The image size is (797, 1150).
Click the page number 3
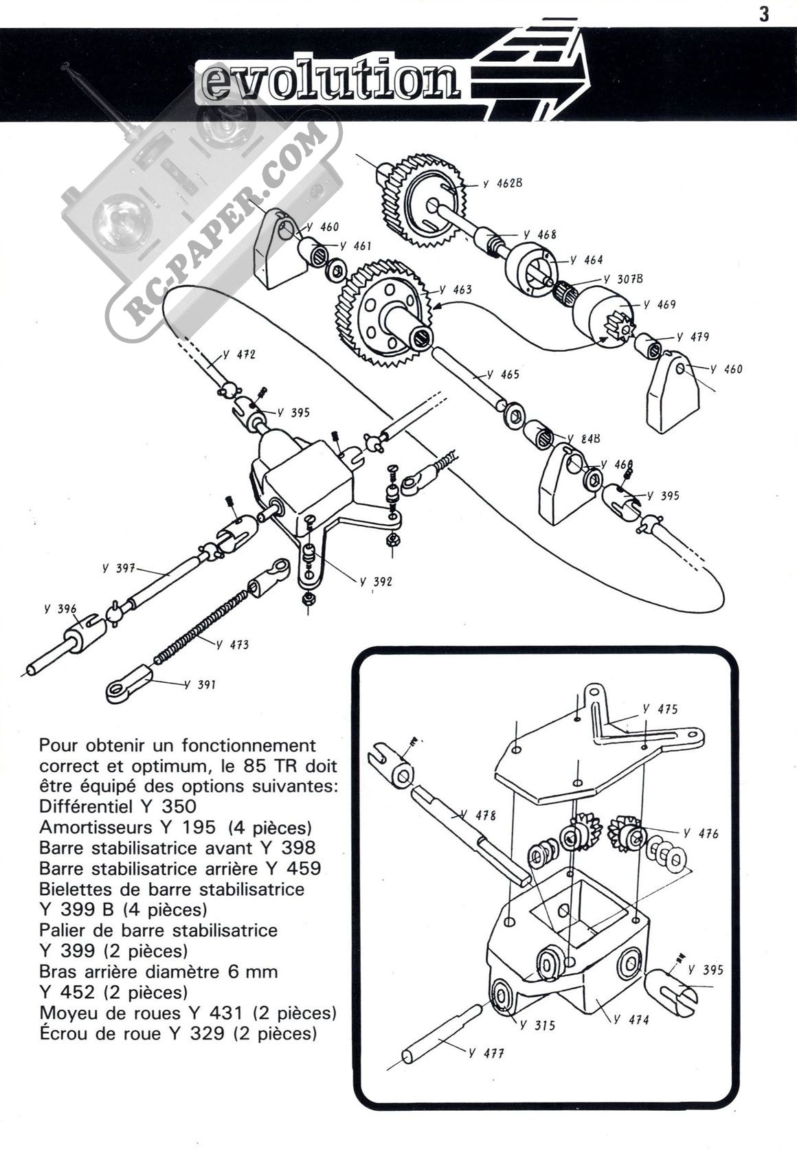pyautogui.click(x=763, y=14)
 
